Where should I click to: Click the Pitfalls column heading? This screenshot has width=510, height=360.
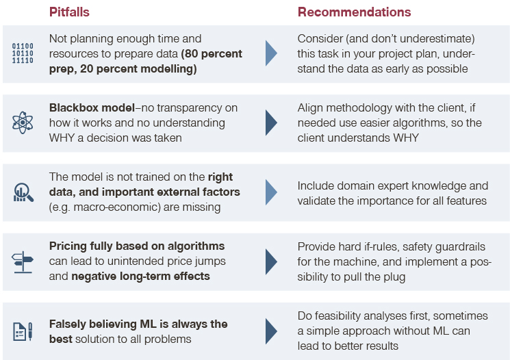coord(69,12)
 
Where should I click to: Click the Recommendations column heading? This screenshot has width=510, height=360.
coord(354,12)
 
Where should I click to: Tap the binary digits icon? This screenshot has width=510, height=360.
coord(23,53)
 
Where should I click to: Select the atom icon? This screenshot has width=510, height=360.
coord(23,123)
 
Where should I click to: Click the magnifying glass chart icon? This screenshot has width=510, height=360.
coord(23,192)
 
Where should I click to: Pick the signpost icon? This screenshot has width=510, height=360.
coord(23,262)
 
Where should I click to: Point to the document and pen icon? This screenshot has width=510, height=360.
coord(23,331)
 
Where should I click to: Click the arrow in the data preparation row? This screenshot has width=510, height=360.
coord(271,53)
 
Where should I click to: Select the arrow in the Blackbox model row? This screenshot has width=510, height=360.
coord(271,123)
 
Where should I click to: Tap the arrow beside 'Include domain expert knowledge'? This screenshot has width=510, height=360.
coord(271,192)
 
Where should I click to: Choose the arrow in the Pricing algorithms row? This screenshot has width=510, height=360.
coord(271,262)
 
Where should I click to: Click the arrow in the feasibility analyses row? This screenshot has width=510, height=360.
coord(271,331)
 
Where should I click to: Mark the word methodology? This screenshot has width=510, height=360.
coord(358,108)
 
